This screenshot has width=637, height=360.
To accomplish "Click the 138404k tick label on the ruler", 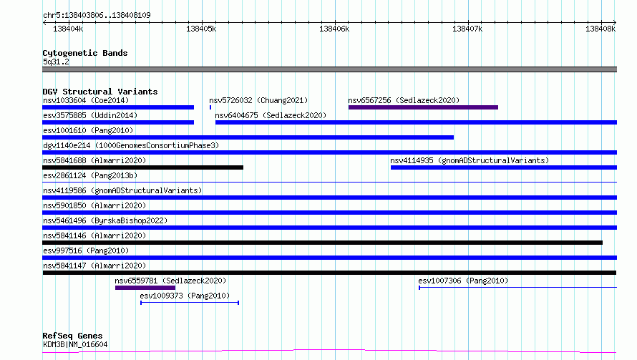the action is point(68,29).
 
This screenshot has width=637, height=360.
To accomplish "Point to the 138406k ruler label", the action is point(334,29).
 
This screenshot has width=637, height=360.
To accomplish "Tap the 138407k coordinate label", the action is point(467,29).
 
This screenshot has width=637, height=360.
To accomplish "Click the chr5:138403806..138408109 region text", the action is point(97,15).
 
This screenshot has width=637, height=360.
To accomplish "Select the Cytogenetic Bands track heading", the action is point(85,53).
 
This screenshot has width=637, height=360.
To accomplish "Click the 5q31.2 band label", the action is point(56,62).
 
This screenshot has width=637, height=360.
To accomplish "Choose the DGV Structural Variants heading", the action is point(100,92).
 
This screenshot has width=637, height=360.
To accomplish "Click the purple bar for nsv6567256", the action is point(423,107).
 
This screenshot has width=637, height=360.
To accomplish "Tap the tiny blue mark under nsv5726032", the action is point(210,107).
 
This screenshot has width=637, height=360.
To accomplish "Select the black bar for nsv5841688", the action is point(142,167).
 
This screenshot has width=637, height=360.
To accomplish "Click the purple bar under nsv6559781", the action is point(145,288).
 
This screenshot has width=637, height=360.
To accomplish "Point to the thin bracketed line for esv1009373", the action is point(190,303).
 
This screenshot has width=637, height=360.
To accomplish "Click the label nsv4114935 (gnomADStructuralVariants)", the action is point(470,160).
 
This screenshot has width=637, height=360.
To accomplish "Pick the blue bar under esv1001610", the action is point(248,137).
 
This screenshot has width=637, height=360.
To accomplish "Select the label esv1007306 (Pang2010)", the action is point(463,281).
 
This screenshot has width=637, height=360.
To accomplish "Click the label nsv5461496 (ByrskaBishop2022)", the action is point(105,220).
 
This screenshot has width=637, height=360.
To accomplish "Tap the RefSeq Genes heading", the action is point(73,336).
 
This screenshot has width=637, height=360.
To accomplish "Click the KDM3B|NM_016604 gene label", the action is point(76,344).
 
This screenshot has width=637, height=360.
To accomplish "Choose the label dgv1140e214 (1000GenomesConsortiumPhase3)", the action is point(131,145).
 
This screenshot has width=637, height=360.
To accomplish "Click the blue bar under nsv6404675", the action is point(416,122).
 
